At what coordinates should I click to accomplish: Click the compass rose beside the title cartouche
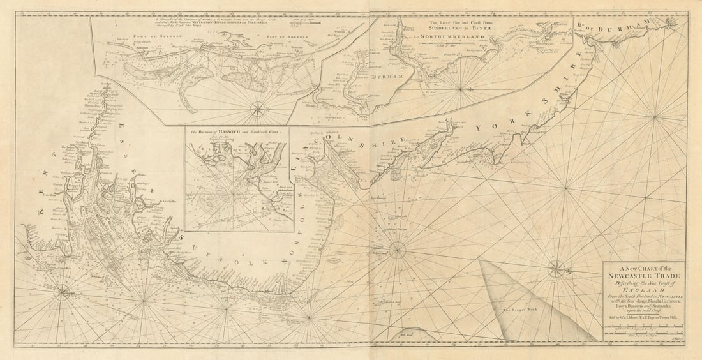[x=556, y=268]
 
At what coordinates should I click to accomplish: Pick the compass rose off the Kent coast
[x=63, y=293]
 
